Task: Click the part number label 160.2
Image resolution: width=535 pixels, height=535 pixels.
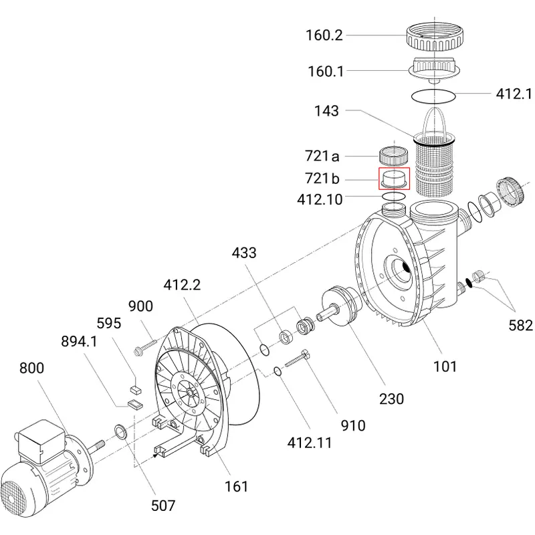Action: (x=324, y=35)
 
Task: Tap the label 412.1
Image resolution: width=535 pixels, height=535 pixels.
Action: (x=514, y=94)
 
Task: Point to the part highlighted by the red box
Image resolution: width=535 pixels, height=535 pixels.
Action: (x=394, y=179)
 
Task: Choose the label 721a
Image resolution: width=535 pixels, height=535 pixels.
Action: (x=322, y=156)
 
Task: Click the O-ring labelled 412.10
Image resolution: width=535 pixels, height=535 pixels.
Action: (x=394, y=196)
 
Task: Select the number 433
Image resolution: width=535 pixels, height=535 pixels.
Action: (x=244, y=253)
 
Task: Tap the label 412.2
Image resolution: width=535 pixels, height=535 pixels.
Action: (x=182, y=285)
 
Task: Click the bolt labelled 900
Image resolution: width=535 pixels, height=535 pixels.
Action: (x=145, y=346)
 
